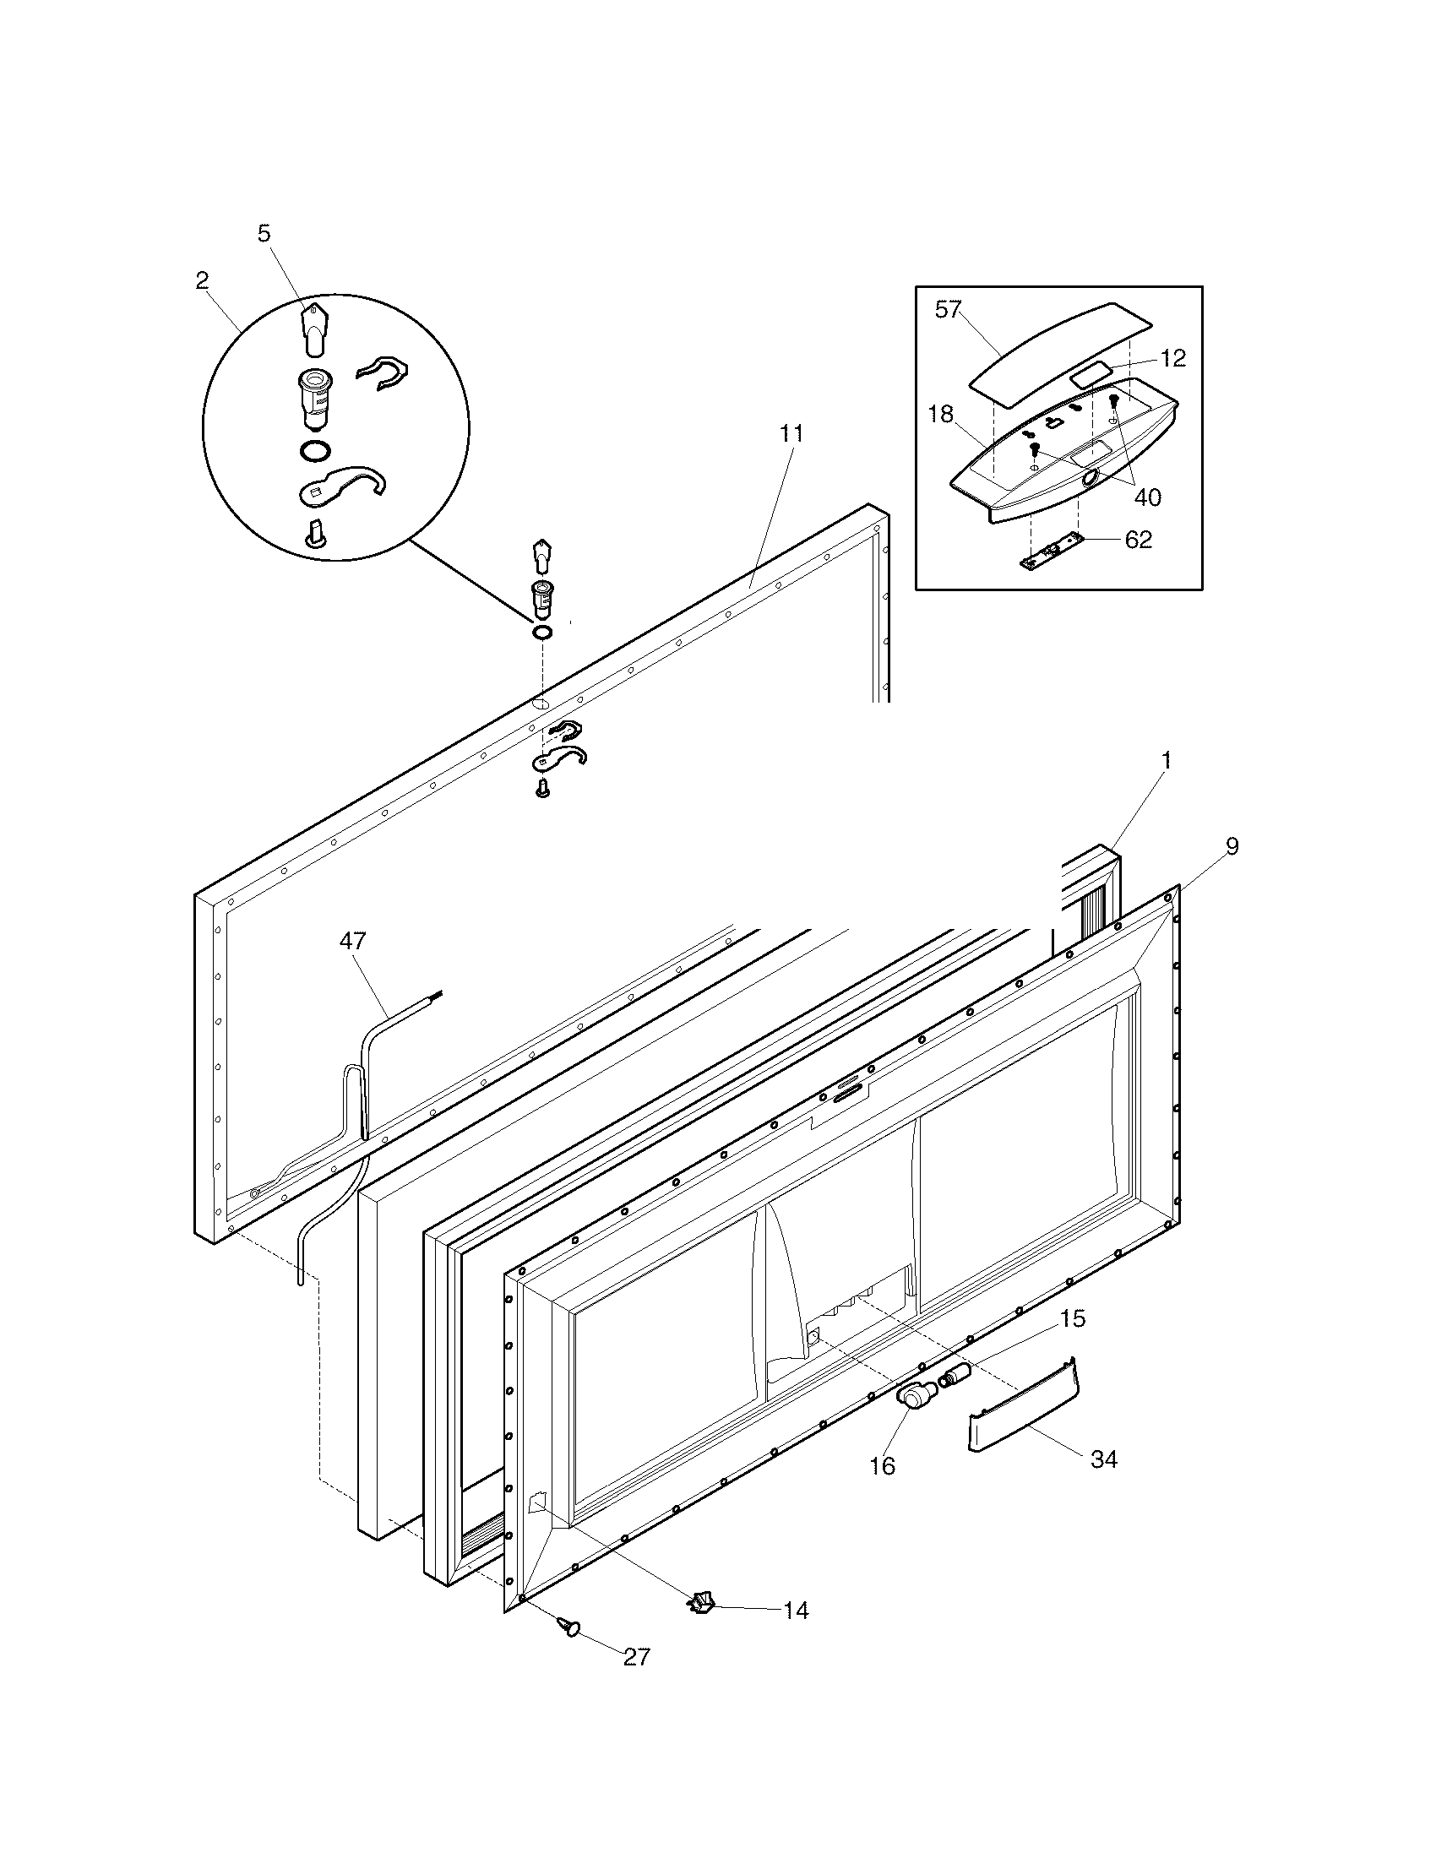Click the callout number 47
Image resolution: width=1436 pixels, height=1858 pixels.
352,940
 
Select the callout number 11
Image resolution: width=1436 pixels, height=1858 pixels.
791,432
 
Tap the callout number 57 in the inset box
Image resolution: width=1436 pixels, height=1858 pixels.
948,310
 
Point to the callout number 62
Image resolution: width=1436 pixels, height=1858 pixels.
1139,540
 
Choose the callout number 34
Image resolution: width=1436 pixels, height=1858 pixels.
1103,1459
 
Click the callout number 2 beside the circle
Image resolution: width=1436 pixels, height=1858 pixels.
202,280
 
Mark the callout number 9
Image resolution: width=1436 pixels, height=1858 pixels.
1232,845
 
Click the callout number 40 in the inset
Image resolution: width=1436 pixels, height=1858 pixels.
1148,497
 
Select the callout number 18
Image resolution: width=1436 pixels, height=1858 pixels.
940,415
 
